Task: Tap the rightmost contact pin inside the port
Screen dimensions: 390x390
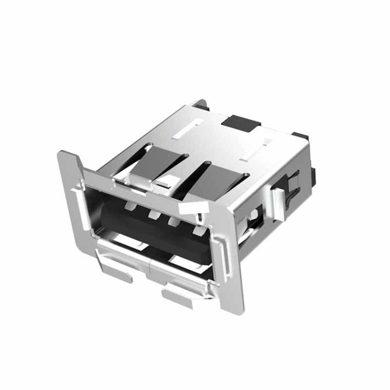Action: [x=198, y=230]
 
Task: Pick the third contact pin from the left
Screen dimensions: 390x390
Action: [x=174, y=222]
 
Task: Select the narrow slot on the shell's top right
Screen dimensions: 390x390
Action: [x=255, y=151]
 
